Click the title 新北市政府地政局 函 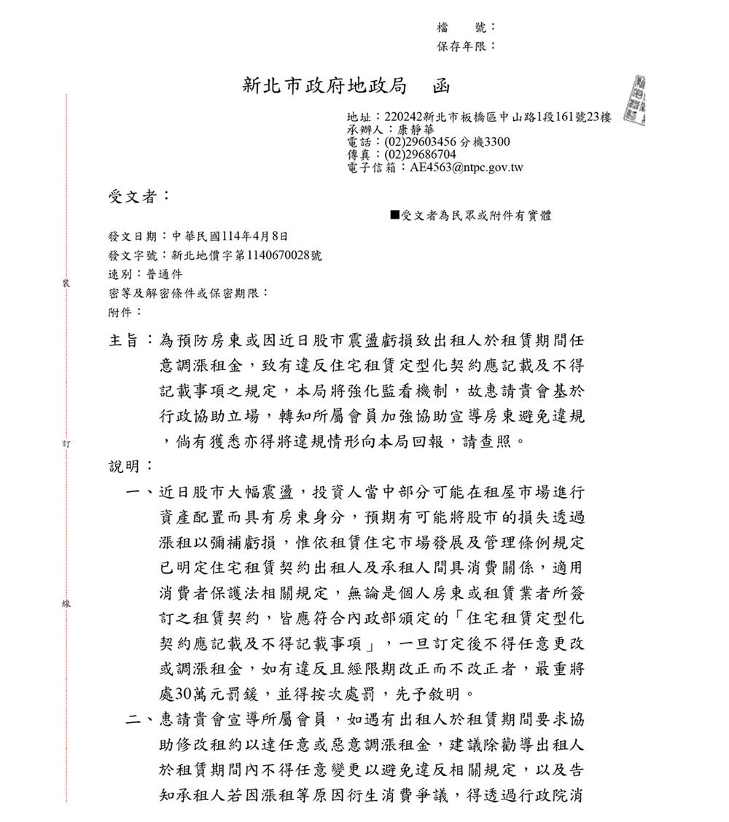point(346,87)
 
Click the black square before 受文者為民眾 point(394,215)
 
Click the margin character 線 point(66,603)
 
